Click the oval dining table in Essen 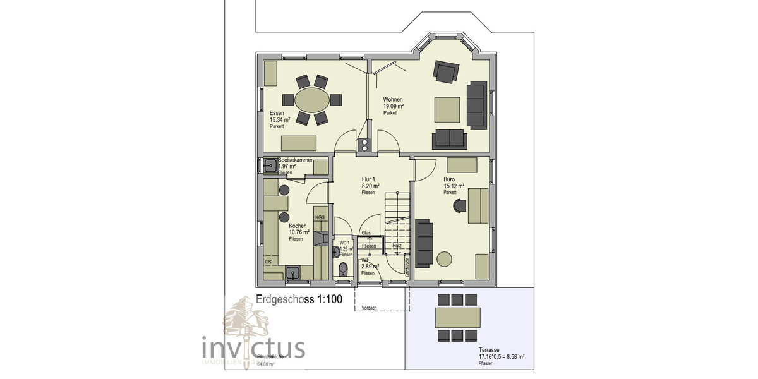pyautogui.click(x=312, y=100)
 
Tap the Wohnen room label pyautogui.click(x=393, y=100)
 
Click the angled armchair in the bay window pyautogui.click(x=445, y=72)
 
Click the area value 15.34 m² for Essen pyautogui.click(x=280, y=120)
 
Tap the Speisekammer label pyautogui.click(x=295, y=160)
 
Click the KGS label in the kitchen pyautogui.click(x=320, y=218)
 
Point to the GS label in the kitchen pyautogui.click(x=268, y=262)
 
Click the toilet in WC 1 pyautogui.click(x=343, y=270)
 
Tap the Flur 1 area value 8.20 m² pyautogui.click(x=370, y=186)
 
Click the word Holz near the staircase pyautogui.click(x=397, y=246)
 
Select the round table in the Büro pyautogui.click(x=445, y=259)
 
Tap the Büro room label pyautogui.click(x=450, y=179)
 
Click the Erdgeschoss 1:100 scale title pyautogui.click(x=299, y=300)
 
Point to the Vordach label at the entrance pyautogui.click(x=369, y=308)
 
